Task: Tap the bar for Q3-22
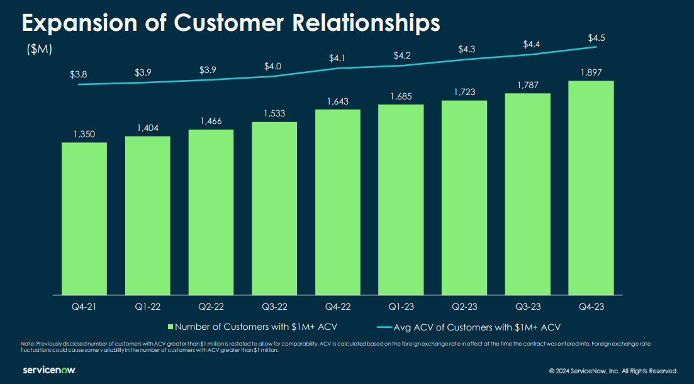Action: [x=274, y=208]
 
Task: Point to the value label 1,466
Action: [x=211, y=121]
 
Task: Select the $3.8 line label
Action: [x=79, y=74]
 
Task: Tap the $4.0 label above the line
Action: [x=272, y=66]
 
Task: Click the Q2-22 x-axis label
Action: [x=211, y=307]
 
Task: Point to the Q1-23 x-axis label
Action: [x=401, y=307]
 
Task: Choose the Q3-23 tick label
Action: [x=527, y=307]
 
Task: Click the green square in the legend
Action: [x=171, y=327]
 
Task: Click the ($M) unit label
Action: [x=40, y=49]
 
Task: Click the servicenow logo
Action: [x=49, y=370]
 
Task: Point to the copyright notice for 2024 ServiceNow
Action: [x=613, y=371]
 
